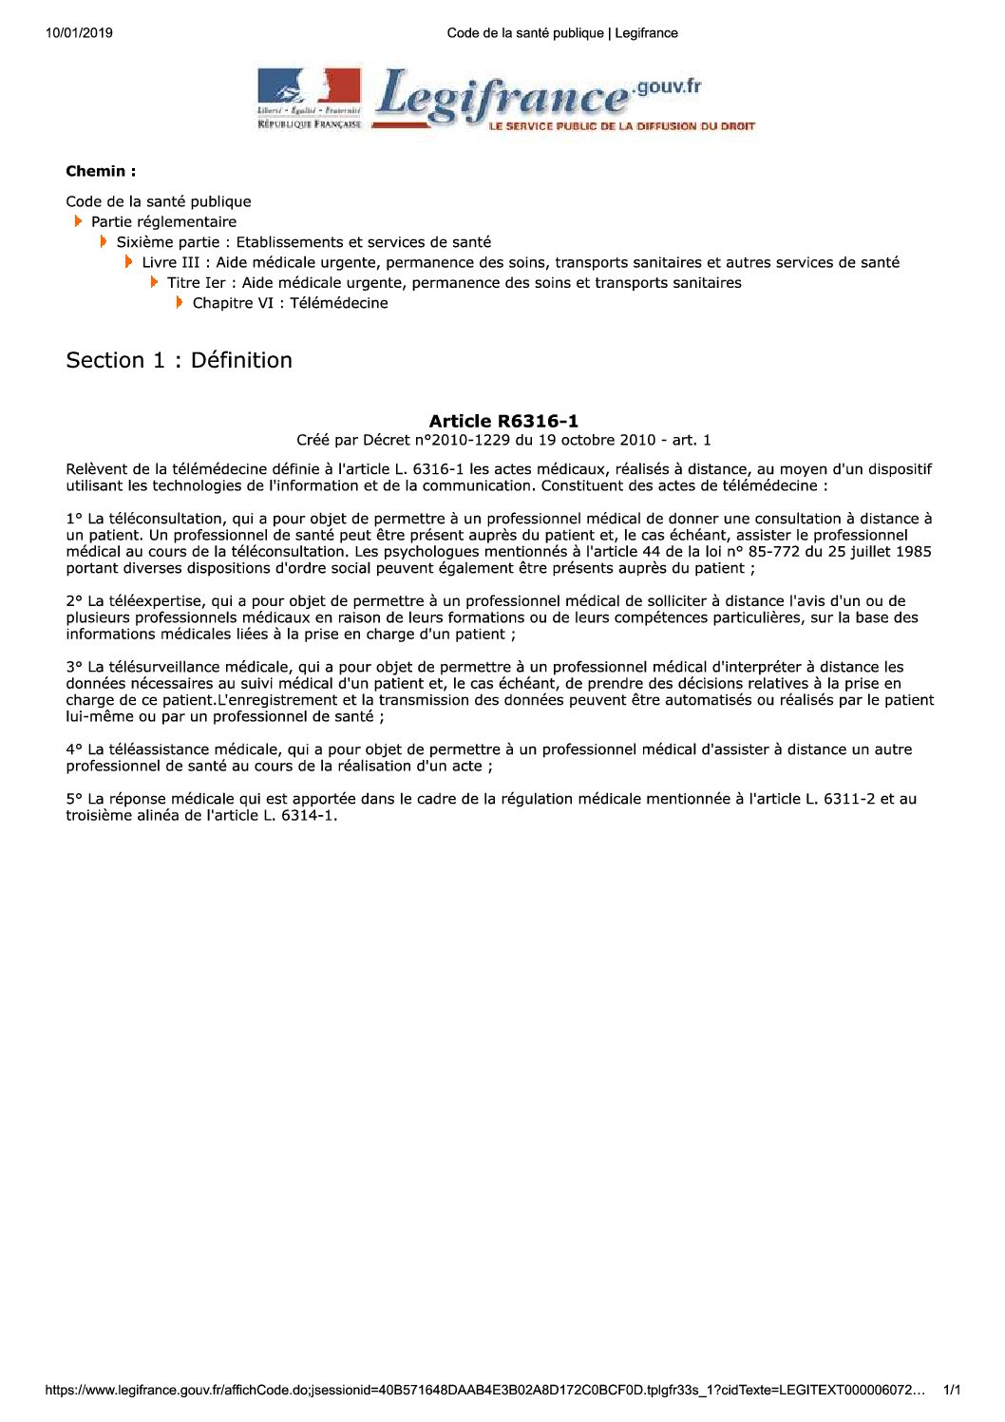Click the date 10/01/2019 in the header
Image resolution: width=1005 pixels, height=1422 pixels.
coord(79,33)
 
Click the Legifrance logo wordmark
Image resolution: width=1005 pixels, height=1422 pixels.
coord(503,98)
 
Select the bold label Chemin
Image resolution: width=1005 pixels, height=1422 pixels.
coord(101,172)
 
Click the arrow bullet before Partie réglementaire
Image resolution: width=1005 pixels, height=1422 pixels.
coord(79,221)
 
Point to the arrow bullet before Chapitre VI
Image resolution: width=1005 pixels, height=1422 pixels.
coord(180,303)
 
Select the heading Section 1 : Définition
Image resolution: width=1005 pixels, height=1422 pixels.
coord(179,360)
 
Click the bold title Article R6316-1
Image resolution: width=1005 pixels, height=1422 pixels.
coord(503,421)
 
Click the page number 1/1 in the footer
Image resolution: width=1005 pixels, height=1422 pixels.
coord(951,1391)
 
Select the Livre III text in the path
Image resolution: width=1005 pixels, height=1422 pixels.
coord(171,262)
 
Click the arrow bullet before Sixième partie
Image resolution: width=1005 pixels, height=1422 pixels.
coord(104,242)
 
